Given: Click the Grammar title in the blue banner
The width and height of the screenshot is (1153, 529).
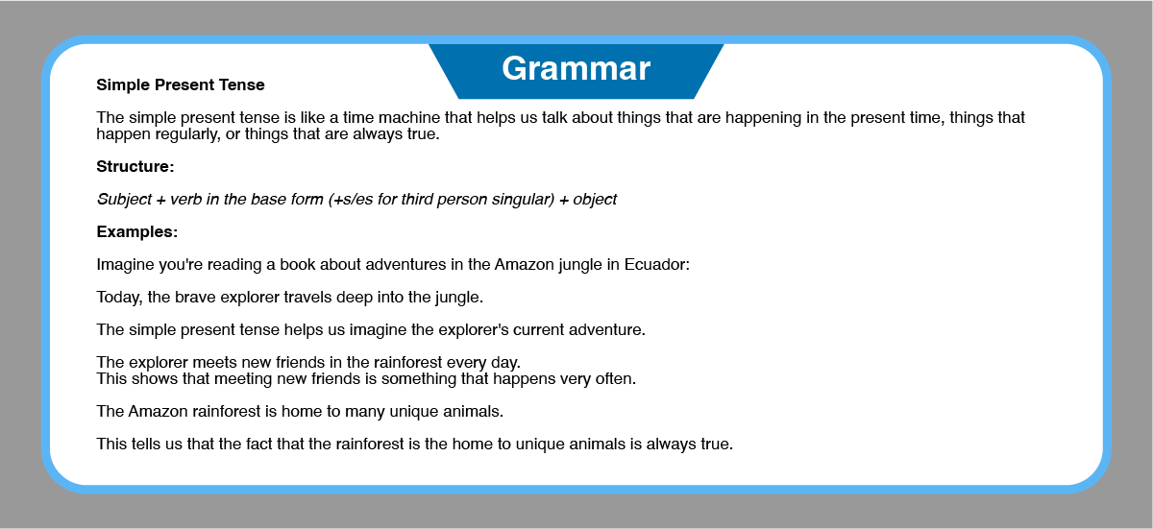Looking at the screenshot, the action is click(x=576, y=69).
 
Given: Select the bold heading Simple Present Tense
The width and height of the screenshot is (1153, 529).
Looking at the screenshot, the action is click(x=181, y=84).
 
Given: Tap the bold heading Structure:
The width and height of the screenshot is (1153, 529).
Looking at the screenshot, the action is click(x=135, y=166).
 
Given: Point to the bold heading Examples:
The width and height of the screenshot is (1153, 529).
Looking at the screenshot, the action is click(x=136, y=231).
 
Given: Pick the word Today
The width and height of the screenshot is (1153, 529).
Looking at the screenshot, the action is click(x=119, y=298).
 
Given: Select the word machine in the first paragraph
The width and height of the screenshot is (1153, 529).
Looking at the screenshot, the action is click(x=409, y=118).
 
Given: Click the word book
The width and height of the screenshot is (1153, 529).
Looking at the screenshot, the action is click(x=298, y=264).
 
